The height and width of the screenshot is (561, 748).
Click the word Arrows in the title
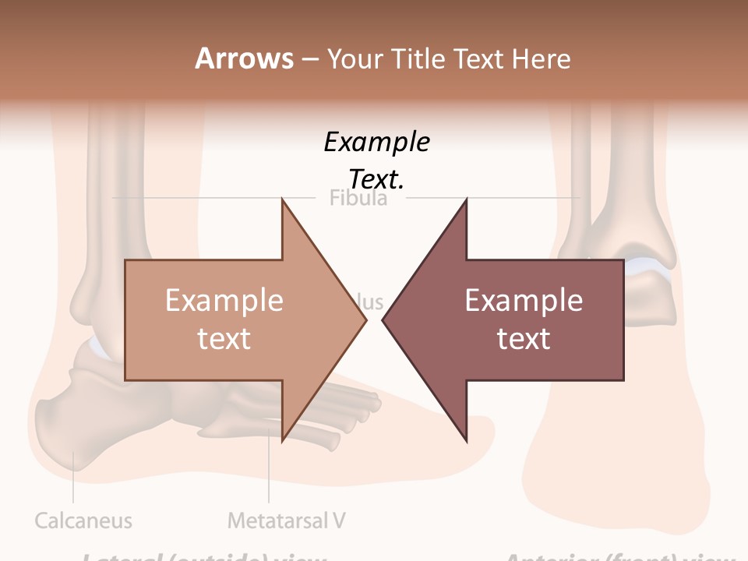[x=244, y=58]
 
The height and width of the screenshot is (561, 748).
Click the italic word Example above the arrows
[x=376, y=142]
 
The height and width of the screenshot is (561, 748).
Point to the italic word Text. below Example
[x=376, y=179]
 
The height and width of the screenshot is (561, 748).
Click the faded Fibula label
[x=358, y=198]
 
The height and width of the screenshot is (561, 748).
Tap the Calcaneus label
[x=83, y=520]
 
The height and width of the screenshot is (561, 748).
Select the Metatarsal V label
[x=287, y=520]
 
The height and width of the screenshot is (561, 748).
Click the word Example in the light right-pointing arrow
[x=224, y=300]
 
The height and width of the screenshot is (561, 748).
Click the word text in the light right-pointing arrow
[x=224, y=338]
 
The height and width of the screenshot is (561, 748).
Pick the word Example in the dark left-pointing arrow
[x=524, y=300]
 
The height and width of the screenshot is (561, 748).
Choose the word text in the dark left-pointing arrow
[x=524, y=338]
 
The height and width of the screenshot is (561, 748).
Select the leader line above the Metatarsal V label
[x=269, y=467]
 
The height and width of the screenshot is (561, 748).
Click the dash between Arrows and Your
[x=309, y=59]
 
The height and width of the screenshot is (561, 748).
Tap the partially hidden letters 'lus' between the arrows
[x=372, y=301]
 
